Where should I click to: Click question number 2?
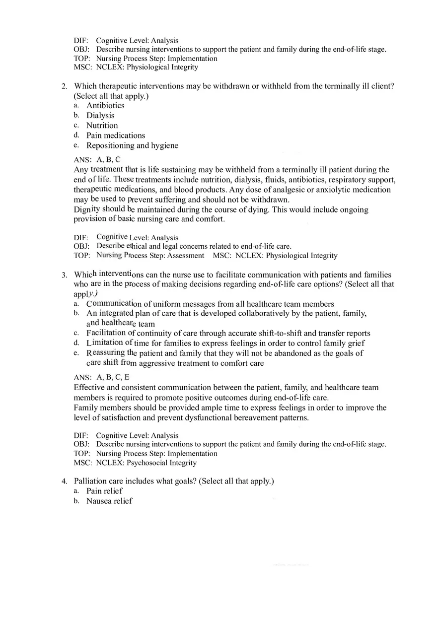pyautogui.click(x=65, y=86)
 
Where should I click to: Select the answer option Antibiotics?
pyautogui.click(x=105, y=105)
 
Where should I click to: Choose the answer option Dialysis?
pyautogui.click(x=100, y=115)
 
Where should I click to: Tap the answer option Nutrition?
pyautogui.click(x=102, y=126)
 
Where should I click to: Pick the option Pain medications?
pyautogui.click(x=116, y=136)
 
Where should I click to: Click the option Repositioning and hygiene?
pyautogui.click(x=132, y=145)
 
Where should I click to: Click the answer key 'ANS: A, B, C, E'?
pyautogui.click(x=101, y=377)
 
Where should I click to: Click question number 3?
pyautogui.click(x=65, y=275)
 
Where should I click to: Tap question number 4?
pyautogui.click(x=65, y=481)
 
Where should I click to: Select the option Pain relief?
pyautogui.click(x=104, y=491)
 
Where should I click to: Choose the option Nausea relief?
pyautogui.click(x=109, y=501)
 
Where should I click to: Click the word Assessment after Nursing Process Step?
pyautogui.click(x=185, y=256)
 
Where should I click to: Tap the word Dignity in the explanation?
pyautogui.click(x=87, y=209)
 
